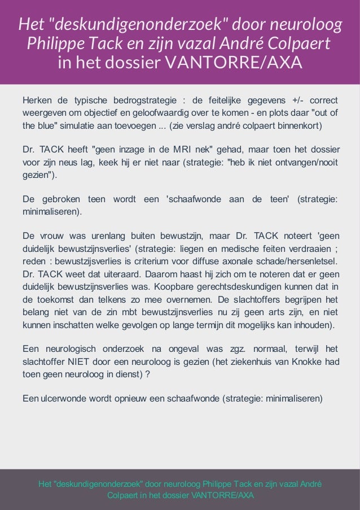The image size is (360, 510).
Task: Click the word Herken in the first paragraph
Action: pyautogui.click(x=37, y=101)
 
